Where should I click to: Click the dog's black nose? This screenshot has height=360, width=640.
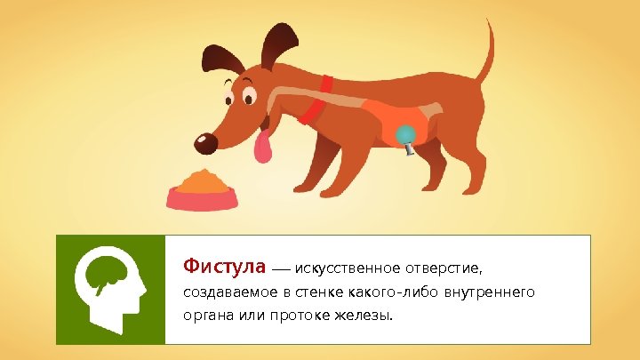[x=205, y=142]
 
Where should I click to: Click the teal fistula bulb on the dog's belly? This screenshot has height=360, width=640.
[x=405, y=134]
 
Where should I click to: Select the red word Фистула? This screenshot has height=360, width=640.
[x=225, y=267]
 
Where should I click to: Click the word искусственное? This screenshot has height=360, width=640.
[x=349, y=268]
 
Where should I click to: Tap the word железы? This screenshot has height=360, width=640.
[x=365, y=317]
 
